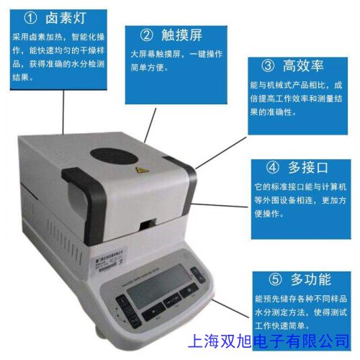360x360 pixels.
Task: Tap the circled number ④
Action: pos(273,168)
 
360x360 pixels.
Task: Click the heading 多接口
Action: pos(307,168)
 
